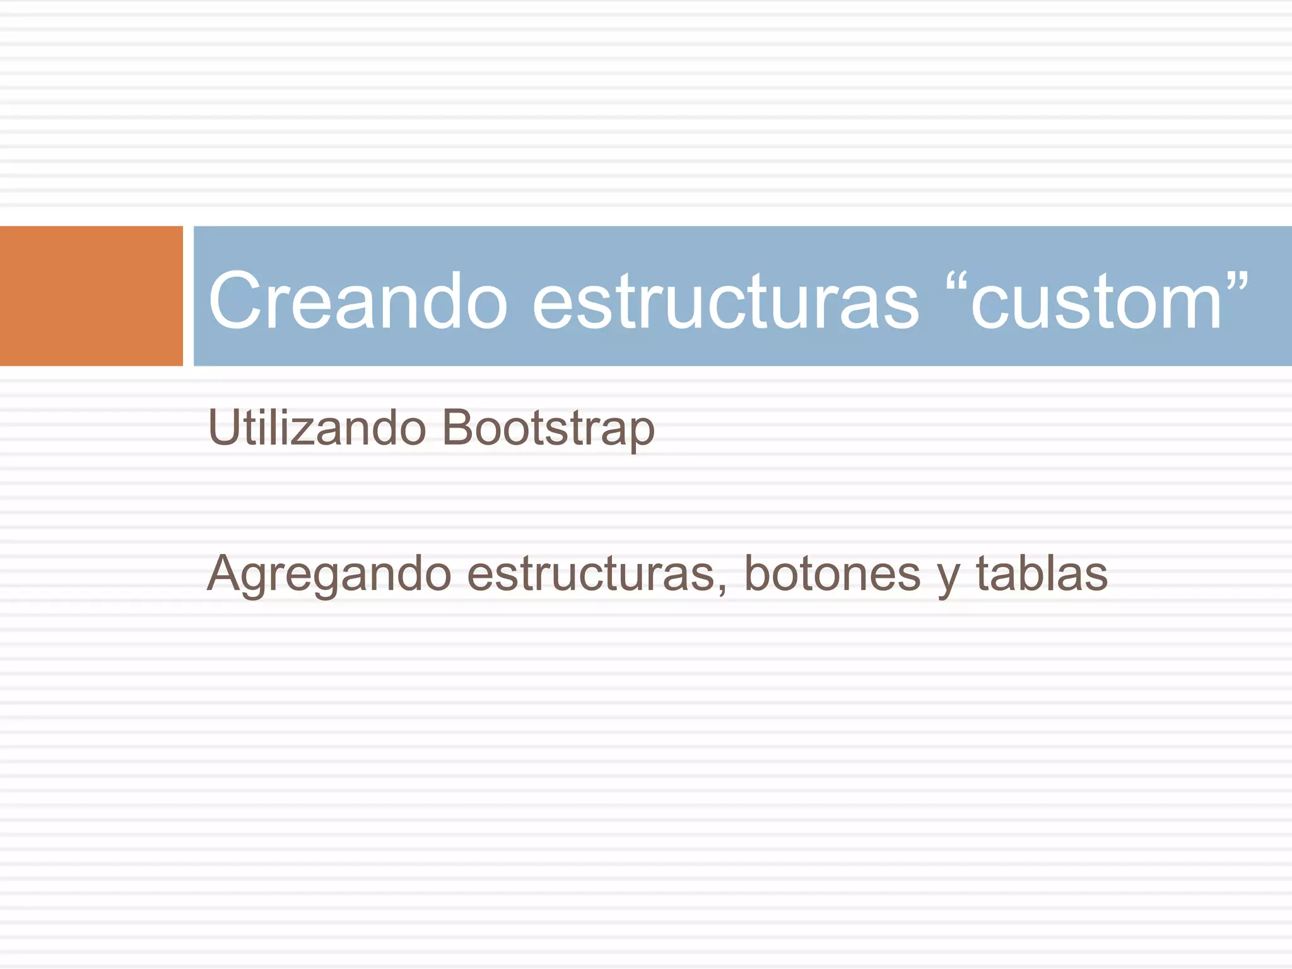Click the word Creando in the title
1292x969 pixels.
point(358,300)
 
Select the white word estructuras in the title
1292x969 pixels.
point(725,300)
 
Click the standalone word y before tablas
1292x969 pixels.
point(948,578)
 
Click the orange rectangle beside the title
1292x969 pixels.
point(91,296)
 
